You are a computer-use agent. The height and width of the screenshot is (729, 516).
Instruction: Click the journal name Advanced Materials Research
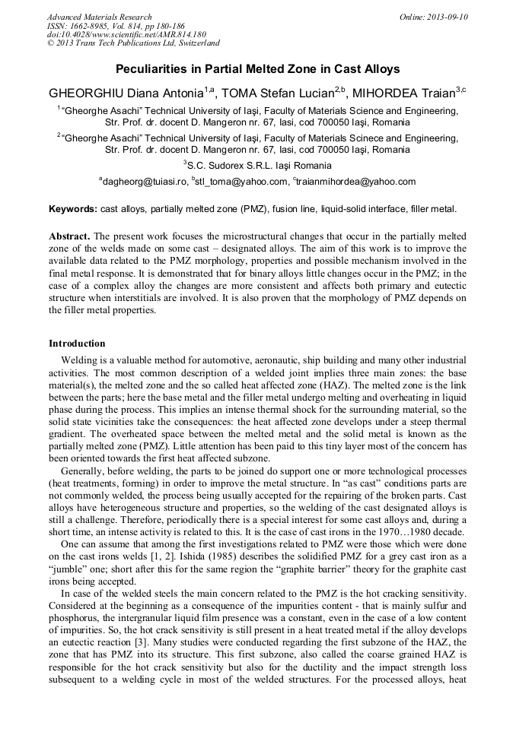point(99,17)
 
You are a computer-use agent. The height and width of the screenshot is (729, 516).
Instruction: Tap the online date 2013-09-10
point(447,17)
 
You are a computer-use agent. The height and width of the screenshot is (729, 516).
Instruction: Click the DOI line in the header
point(126,34)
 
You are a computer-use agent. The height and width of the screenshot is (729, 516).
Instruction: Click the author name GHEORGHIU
point(84,94)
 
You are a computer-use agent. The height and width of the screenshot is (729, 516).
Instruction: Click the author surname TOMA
point(238,94)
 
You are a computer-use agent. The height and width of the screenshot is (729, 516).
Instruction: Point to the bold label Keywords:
point(73,208)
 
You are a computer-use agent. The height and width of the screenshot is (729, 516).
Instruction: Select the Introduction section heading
point(77,344)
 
